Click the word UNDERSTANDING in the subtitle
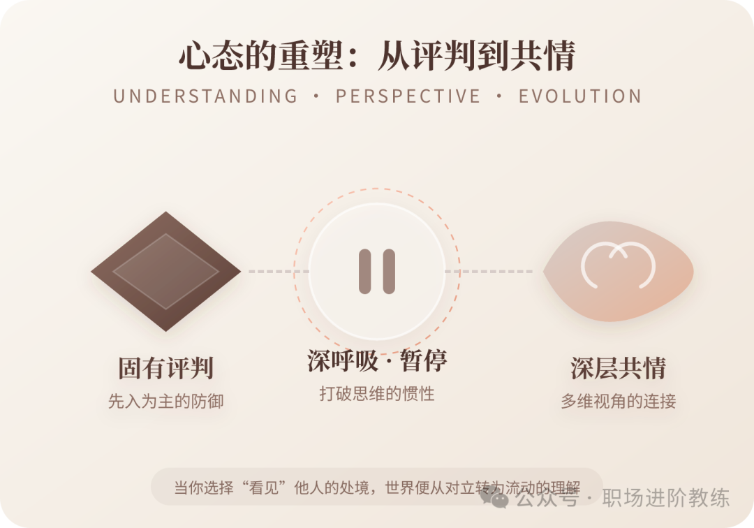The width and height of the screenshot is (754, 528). [205, 96]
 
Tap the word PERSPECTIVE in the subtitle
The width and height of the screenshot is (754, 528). [408, 96]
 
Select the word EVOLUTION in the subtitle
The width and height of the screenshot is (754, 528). [579, 96]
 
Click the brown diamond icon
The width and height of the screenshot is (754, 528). [165, 272]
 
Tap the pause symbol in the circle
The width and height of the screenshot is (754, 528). [377, 271]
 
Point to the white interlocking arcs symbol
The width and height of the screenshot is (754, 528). [618, 265]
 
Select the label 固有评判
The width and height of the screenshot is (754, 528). [165, 368]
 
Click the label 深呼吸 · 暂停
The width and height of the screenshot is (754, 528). [377, 361]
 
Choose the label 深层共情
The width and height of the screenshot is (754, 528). [618, 368]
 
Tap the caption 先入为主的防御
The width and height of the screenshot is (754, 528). [165, 402]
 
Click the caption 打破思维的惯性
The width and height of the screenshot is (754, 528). [377, 394]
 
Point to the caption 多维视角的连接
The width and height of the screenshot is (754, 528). [618, 402]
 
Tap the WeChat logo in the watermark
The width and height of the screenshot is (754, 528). [498, 499]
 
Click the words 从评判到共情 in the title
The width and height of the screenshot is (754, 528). [476, 57]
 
